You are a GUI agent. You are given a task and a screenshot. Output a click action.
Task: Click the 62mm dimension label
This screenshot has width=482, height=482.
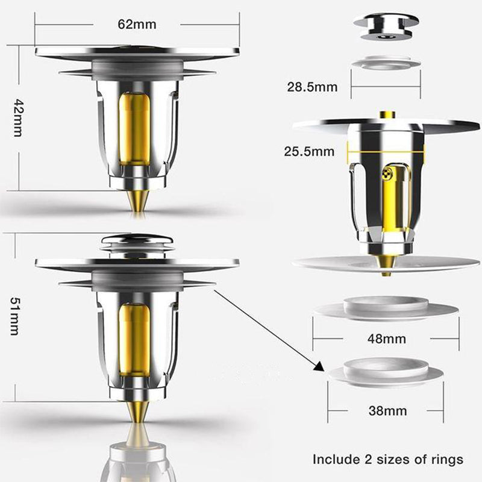(x=137, y=25)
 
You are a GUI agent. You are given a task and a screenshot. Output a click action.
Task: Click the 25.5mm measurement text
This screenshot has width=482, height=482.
(x=309, y=152)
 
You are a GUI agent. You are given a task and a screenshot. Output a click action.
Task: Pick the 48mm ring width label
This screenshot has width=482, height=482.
(x=386, y=339)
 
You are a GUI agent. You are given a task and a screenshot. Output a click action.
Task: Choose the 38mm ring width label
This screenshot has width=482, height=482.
(x=386, y=412)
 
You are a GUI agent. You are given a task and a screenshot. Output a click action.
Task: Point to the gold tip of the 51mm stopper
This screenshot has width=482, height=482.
(x=137, y=416)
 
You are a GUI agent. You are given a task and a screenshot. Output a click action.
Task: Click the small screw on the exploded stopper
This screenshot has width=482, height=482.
(x=389, y=175)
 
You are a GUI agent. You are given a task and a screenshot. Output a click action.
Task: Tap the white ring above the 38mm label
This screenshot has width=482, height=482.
(x=386, y=370)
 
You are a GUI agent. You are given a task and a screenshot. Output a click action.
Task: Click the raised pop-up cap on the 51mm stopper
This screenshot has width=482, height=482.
(x=137, y=244)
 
